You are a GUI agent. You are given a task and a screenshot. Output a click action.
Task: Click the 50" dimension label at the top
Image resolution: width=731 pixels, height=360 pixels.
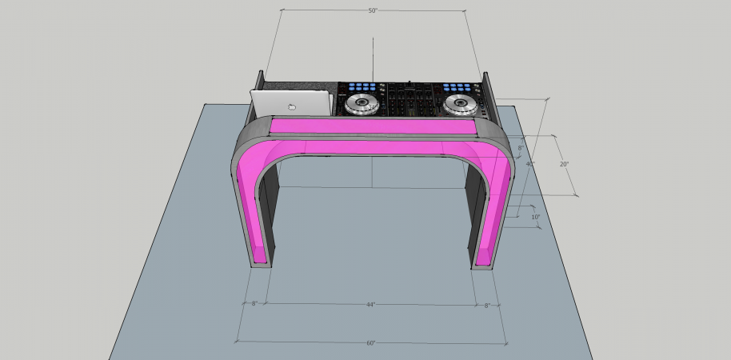pyautogui.click(x=373, y=11)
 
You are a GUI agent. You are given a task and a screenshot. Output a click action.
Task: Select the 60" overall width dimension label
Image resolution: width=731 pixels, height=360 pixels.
pyautogui.click(x=371, y=343)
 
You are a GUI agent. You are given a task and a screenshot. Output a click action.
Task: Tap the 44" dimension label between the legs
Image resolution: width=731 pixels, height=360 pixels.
pyautogui.click(x=371, y=305)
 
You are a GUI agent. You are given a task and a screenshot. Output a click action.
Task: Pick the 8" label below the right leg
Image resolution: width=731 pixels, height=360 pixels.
pyautogui.click(x=487, y=305)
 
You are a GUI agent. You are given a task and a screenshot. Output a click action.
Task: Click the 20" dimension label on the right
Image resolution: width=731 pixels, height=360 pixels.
pyautogui.click(x=564, y=164)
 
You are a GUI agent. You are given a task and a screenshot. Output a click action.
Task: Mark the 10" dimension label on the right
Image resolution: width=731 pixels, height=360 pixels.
pyautogui.click(x=535, y=217)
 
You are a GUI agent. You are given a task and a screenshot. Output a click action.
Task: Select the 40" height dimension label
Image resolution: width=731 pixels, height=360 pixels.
pyautogui.click(x=529, y=164)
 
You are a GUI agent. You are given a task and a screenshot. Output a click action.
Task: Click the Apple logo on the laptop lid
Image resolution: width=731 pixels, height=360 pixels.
pyautogui.click(x=293, y=106)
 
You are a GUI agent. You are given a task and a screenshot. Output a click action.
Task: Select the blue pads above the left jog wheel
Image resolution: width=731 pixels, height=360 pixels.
pyautogui.click(x=359, y=86)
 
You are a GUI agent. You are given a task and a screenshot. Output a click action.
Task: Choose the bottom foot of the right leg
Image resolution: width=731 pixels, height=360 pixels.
pyautogui.click(x=484, y=265)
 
